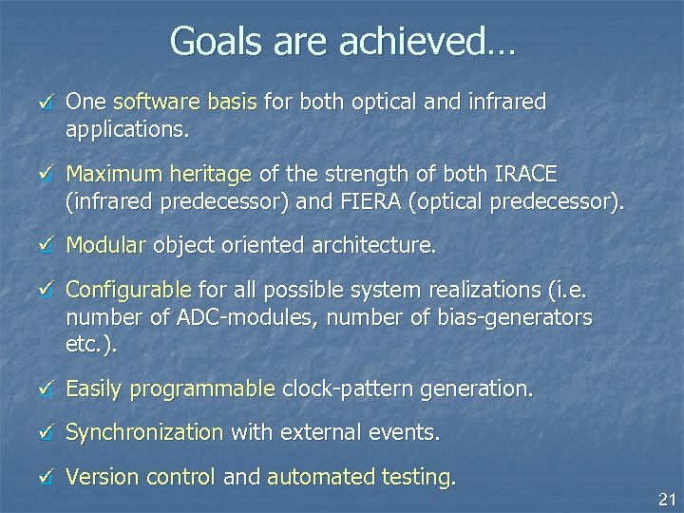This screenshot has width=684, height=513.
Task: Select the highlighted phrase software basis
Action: [x=187, y=102]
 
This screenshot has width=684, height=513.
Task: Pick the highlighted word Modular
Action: [x=105, y=246]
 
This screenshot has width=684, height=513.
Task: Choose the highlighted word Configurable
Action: [x=128, y=291]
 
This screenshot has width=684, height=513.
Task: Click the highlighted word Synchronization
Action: [x=143, y=433]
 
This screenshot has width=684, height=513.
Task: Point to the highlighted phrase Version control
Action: [x=141, y=478]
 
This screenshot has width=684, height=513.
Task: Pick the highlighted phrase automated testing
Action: [x=358, y=478]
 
